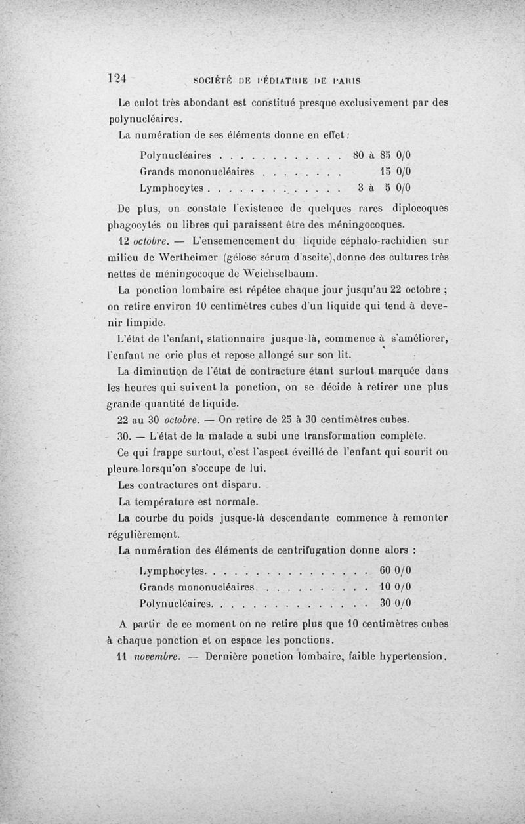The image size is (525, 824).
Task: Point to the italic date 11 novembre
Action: pos(154,656)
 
